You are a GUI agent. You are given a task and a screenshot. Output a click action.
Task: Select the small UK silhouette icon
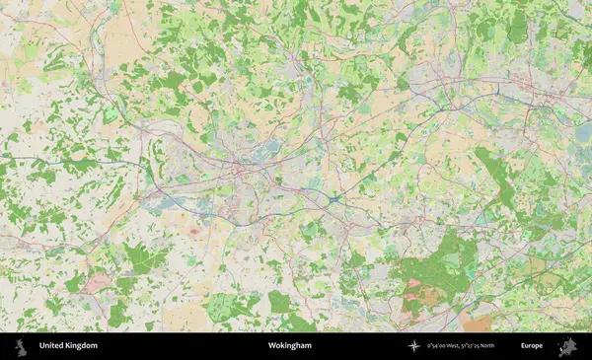coord(22,346)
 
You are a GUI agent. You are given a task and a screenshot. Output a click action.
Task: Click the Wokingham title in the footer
coord(289,346)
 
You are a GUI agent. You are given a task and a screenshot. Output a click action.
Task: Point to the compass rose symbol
coord(414,346)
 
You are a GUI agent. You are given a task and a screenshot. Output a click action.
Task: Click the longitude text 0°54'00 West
coord(446,346)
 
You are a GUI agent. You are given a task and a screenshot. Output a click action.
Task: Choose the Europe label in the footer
coord(532,346)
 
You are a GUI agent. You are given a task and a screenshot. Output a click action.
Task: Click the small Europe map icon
coord(566,346)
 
